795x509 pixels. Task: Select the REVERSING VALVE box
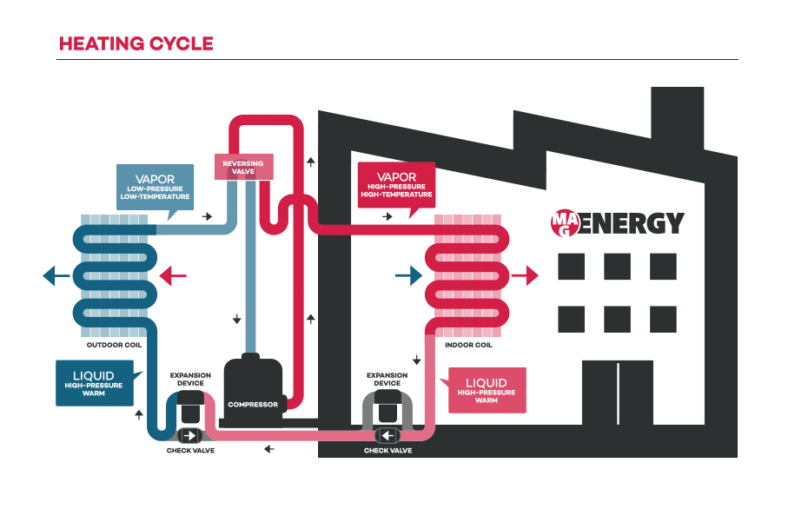pos(243,166)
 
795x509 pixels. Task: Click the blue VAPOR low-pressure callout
pos(154,184)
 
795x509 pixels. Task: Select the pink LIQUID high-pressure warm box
pos(486,388)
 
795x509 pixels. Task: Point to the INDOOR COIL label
pos(468,345)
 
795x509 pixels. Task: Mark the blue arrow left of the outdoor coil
pos(56,276)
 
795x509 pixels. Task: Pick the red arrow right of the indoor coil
pos(526,276)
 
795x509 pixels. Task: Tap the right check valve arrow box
pos(388,434)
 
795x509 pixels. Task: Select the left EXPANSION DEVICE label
pos(190,379)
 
